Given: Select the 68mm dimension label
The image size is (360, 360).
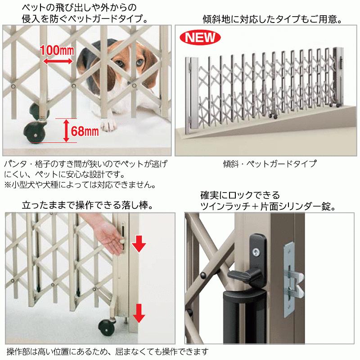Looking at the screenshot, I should (85, 131).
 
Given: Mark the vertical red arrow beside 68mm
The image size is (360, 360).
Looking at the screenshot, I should (66, 130).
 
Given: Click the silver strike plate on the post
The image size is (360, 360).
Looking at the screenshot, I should (288, 274).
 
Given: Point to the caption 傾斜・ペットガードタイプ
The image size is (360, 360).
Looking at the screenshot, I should (270, 164).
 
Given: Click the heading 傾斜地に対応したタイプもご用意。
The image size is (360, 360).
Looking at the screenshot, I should (270, 20).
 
